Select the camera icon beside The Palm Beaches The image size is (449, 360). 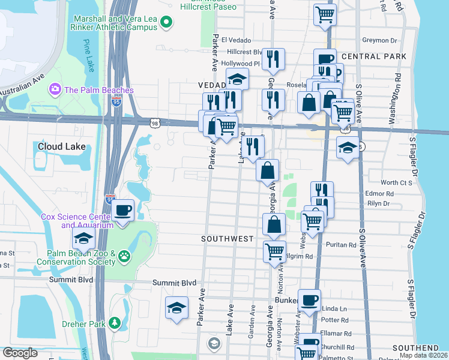56,89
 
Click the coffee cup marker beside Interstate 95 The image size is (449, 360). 123,211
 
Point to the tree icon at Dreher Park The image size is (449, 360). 115,324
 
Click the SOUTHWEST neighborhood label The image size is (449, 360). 228,239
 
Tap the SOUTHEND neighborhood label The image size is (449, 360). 416,348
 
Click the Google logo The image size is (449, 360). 20,353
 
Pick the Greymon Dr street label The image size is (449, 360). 380,41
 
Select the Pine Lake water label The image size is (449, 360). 89,54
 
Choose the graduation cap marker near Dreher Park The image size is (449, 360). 176,308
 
